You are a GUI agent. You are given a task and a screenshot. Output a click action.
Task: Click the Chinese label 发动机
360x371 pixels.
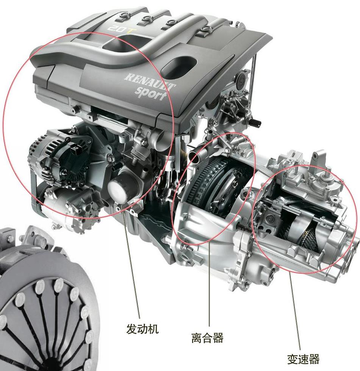click(x=142, y=329)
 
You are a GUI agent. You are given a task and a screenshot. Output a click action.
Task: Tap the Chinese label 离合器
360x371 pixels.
click(x=207, y=338)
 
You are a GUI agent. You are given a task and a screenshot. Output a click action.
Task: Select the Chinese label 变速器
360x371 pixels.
click(x=303, y=359)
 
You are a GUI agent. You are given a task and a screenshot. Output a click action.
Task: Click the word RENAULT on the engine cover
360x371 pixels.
click(x=150, y=81)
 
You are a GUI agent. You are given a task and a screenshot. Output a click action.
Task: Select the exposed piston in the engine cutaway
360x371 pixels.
click(x=164, y=158)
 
